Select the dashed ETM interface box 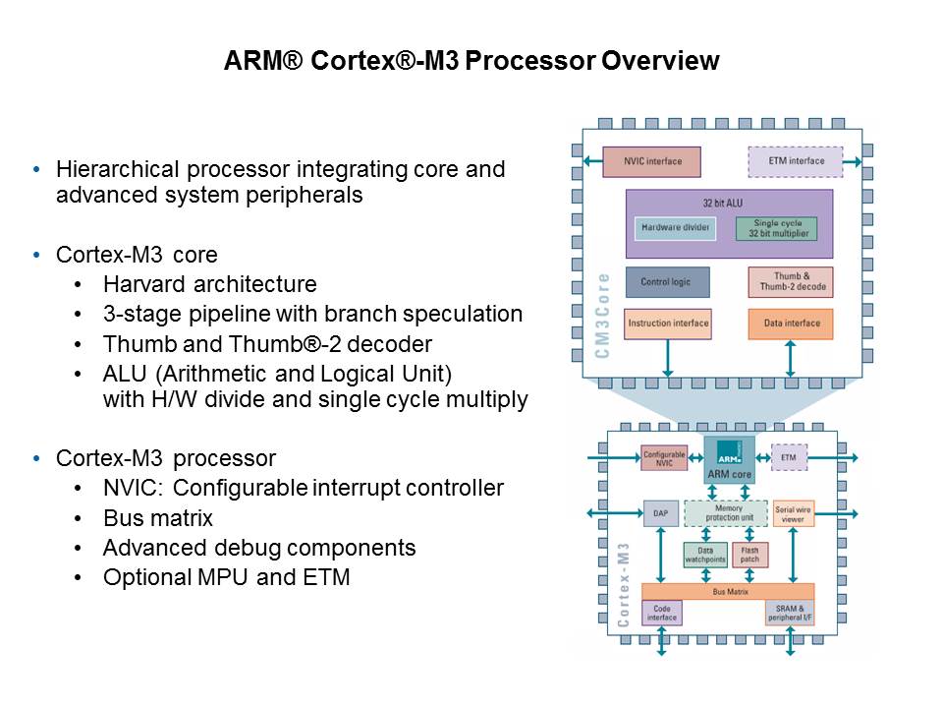click(x=795, y=161)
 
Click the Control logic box click(x=666, y=282)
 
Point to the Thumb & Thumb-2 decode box click(x=792, y=282)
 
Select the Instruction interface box click(x=667, y=324)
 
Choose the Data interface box click(x=792, y=324)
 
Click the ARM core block click(x=729, y=460)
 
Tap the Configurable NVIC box click(x=664, y=459)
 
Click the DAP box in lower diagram click(x=660, y=513)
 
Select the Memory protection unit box click(x=725, y=513)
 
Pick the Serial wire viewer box click(x=794, y=513)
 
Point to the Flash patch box click(x=750, y=556)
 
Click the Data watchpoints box click(x=704, y=556)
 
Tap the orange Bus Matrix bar click(x=728, y=591)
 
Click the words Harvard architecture click(x=209, y=285)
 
